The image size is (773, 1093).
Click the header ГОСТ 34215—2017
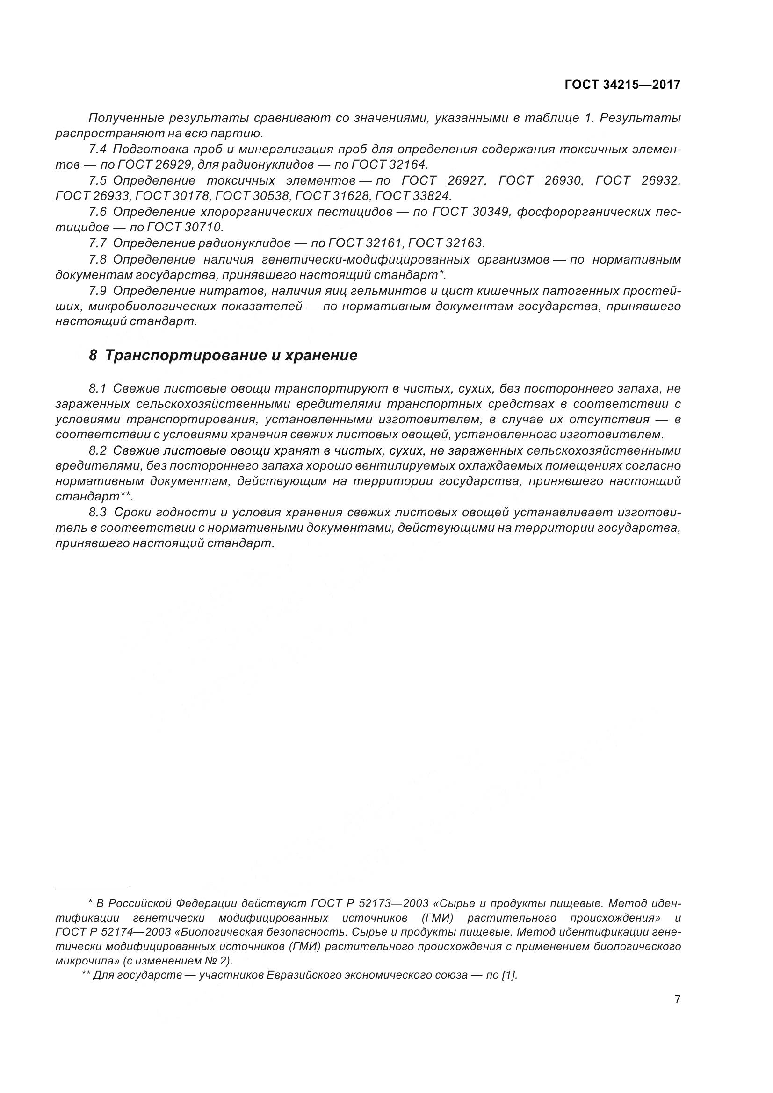click(622, 85)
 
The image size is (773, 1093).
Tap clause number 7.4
click(98, 149)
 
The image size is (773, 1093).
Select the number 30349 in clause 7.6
click(491, 212)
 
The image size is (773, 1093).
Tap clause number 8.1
click(98, 388)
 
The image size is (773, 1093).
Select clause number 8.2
click(98, 450)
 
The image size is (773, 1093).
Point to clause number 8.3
click(98, 512)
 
